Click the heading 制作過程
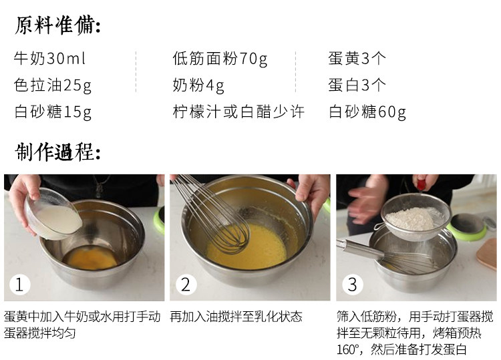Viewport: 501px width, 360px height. [x=57, y=152]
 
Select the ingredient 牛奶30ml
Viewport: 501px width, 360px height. [x=49, y=59]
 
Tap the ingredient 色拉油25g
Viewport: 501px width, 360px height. [x=53, y=85]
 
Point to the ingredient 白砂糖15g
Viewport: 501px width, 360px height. [x=53, y=112]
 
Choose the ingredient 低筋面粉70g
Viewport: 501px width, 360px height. [x=220, y=59]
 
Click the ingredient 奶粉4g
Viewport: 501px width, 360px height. [x=198, y=85]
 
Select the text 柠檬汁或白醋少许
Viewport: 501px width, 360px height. [x=238, y=112]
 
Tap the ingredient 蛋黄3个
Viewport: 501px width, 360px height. [x=357, y=59]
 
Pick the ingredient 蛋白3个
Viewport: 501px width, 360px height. [x=357, y=85]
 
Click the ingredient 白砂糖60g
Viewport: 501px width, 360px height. [x=367, y=112]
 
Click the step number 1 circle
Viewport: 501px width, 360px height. [x=19, y=285]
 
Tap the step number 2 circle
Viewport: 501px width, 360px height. [x=185, y=285]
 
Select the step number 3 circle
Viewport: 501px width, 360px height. [x=352, y=285]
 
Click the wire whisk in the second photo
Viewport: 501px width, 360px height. [x=214, y=214]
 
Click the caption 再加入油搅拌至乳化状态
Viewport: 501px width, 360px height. [x=236, y=317]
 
